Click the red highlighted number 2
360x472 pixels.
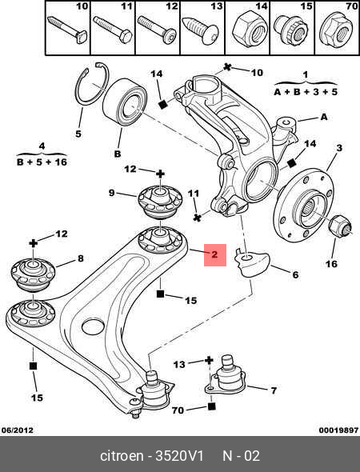tap(214, 254)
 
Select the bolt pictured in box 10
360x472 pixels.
tap(67, 29)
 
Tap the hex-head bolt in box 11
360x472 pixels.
tap(112, 29)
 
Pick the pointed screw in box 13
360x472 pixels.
tap(200, 31)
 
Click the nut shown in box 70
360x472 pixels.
tap(337, 28)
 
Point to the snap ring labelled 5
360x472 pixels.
tap(91, 84)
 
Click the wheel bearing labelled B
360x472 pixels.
tap(124, 102)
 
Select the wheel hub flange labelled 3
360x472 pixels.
tap(303, 205)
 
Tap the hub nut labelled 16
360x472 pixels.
tap(340, 226)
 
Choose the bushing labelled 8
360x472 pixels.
tap(33, 274)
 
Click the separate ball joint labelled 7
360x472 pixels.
tap(226, 375)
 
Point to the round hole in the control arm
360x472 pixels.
tap(93, 327)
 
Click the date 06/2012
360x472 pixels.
tap(17, 430)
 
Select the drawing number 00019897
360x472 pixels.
tap(338, 430)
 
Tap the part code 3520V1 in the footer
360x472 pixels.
tap(179, 456)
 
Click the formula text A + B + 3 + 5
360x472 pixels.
tap(306, 92)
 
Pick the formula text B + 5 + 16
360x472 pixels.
tap(42, 162)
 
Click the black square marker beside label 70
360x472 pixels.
tap(212, 406)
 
